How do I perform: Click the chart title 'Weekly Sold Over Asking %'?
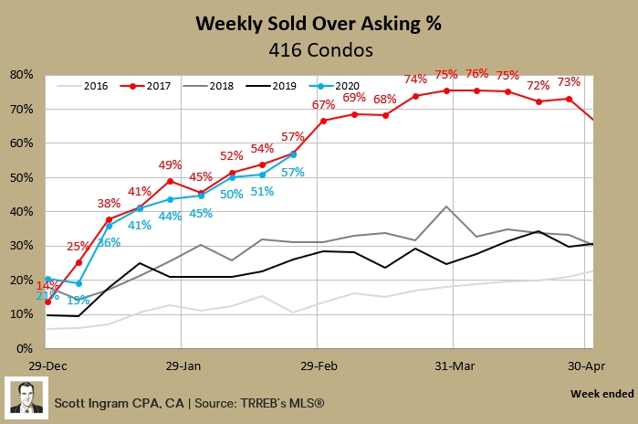319,24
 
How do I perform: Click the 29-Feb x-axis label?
317,363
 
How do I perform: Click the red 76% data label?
477,74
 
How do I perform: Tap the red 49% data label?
171,165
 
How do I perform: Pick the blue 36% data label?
110,242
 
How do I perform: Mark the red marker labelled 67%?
323,121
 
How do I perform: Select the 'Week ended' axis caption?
601,394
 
